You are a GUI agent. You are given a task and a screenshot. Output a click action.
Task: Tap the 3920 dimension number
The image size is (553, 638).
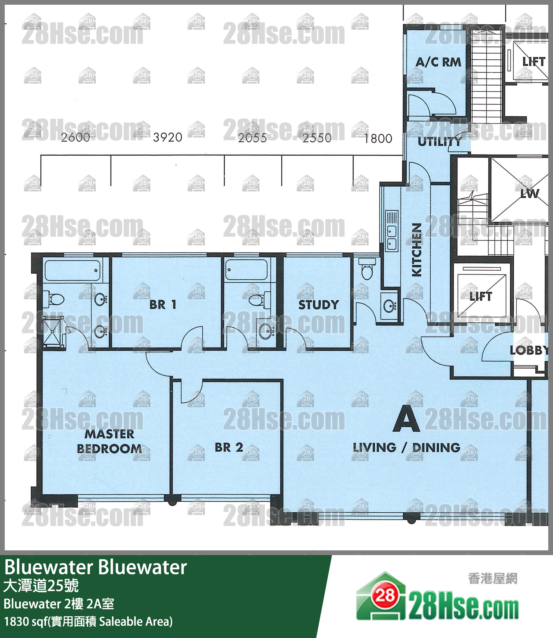167,138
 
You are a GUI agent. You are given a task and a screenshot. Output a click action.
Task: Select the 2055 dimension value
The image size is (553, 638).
252,138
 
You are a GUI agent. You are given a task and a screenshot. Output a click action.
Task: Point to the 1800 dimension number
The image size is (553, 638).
378,139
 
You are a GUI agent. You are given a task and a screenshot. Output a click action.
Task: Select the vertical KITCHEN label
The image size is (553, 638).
417,250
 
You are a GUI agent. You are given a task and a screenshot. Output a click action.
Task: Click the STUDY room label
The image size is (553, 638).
318,305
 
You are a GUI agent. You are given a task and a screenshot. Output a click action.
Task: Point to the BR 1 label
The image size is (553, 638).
163,305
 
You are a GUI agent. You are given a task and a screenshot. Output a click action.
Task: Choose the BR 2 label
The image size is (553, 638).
229,447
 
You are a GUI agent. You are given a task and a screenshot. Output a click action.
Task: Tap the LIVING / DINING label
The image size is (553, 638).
406,447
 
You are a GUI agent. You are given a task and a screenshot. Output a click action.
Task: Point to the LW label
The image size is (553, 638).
530,194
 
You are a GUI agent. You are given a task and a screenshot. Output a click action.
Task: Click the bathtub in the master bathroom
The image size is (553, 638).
73,270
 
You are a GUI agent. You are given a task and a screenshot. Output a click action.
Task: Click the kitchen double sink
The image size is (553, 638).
392,239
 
